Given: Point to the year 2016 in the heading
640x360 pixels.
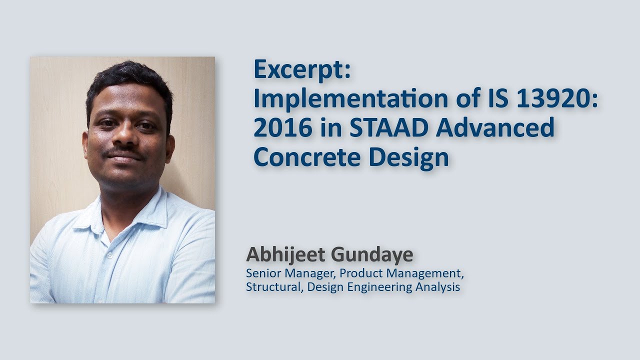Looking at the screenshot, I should [277, 128].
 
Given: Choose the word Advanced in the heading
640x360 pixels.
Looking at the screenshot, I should [495, 128].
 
